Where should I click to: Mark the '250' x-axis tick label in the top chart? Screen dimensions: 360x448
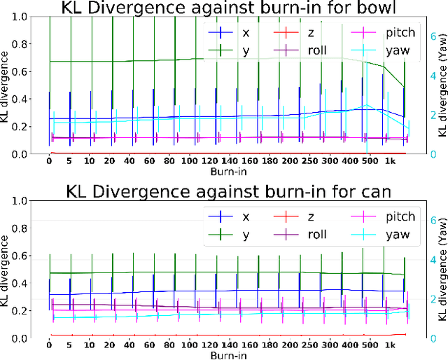tap(286, 161)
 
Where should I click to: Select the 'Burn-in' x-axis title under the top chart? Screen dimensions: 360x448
tap(229, 171)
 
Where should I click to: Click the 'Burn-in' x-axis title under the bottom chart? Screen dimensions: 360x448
tap(229, 355)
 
